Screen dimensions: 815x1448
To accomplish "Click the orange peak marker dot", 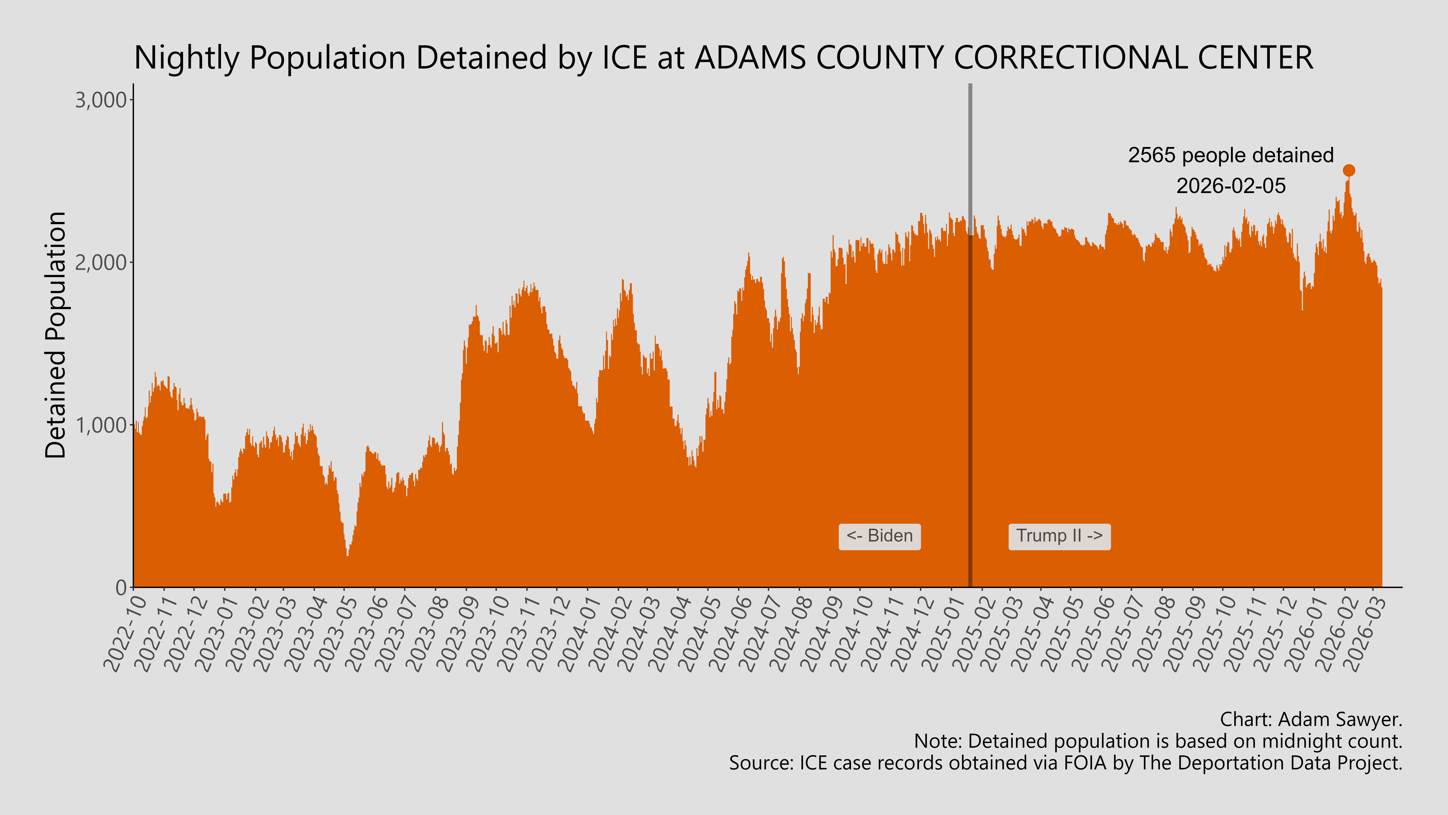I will pyautogui.click(x=1348, y=170).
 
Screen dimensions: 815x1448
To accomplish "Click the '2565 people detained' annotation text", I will pyautogui.click(x=1230, y=155).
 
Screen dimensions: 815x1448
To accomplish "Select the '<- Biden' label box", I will pyautogui.click(x=879, y=536).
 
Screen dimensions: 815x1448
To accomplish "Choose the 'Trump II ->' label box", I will pyautogui.click(x=1059, y=536).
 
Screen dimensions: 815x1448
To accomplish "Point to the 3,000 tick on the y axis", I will pyautogui.click(x=101, y=101).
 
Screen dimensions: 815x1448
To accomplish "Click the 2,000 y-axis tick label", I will pyautogui.click(x=101, y=263).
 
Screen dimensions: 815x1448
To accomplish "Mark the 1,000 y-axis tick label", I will pyautogui.click(x=101, y=425).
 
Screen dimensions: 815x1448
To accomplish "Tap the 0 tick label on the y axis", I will pyautogui.click(x=121, y=588).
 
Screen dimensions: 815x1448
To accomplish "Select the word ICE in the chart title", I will pyautogui.click(x=624, y=58).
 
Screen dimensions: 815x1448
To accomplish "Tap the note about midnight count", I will pyautogui.click(x=1158, y=741).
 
